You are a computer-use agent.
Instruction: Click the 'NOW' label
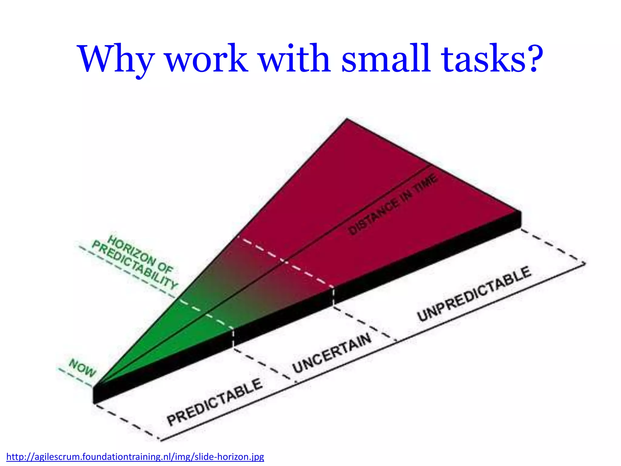pyautogui.click(x=82, y=368)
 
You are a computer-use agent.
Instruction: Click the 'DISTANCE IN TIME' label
pyautogui.click(x=393, y=204)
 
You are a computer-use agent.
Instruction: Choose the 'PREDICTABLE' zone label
pyautogui.click(x=214, y=402)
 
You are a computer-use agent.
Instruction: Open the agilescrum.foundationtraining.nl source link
pyautogui.click(x=135, y=457)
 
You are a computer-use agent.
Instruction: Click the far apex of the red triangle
pyautogui.click(x=347, y=120)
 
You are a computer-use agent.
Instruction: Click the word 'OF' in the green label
pyautogui.click(x=165, y=268)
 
